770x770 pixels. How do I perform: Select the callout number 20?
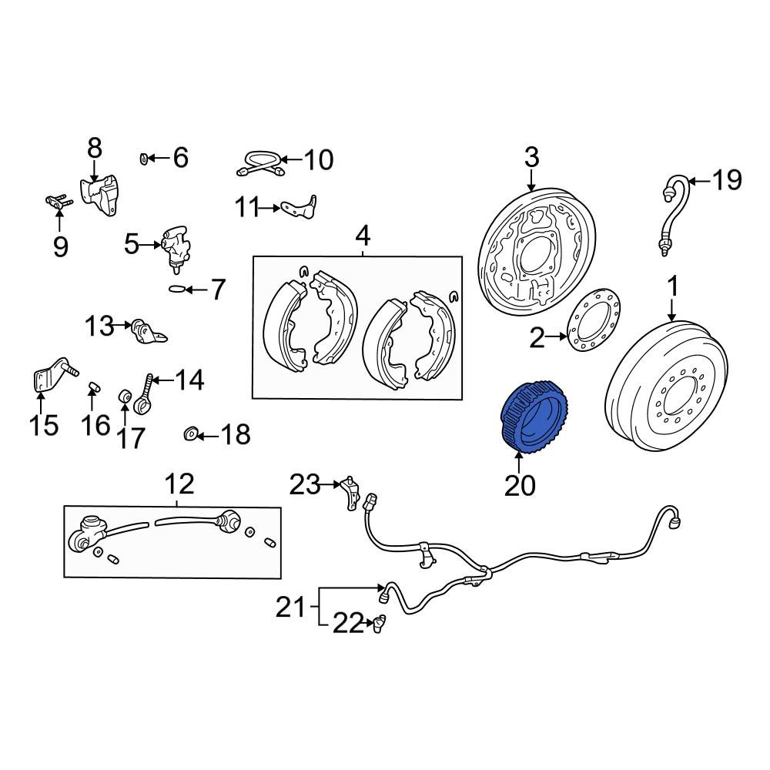pyautogui.click(x=519, y=485)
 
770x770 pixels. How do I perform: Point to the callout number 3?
pyautogui.click(x=531, y=159)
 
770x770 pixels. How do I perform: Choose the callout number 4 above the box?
pyautogui.click(x=362, y=234)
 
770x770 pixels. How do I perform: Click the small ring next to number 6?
pyautogui.click(x=144, y=159)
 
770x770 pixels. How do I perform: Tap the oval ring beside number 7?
pyautogui.click(x=176, y=290)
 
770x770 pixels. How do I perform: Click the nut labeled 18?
pyautogui.click(x=190, y=436)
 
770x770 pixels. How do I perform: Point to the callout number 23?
pyautogui.click(x=304, y=485)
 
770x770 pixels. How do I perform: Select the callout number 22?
pyautogui.click(x=346, y=624)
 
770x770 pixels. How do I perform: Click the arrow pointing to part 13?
pyautogui.click(x=122, y=326)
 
